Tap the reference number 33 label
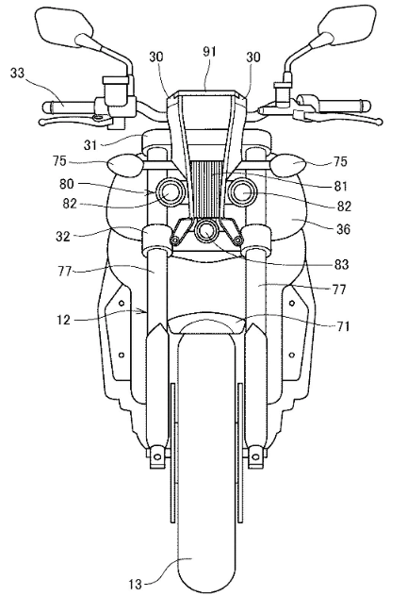[17, 73]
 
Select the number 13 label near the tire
[135, 584]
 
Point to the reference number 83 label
[341, 264]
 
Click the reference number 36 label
[342, 229]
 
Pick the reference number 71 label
[342, 326]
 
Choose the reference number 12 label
[64, 321]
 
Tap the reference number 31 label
[90, 145]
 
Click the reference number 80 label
[67, 185]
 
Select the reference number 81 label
[340, 187]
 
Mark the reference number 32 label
[63, 236]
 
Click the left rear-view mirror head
[63, 24]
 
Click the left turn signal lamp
[123, 164]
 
